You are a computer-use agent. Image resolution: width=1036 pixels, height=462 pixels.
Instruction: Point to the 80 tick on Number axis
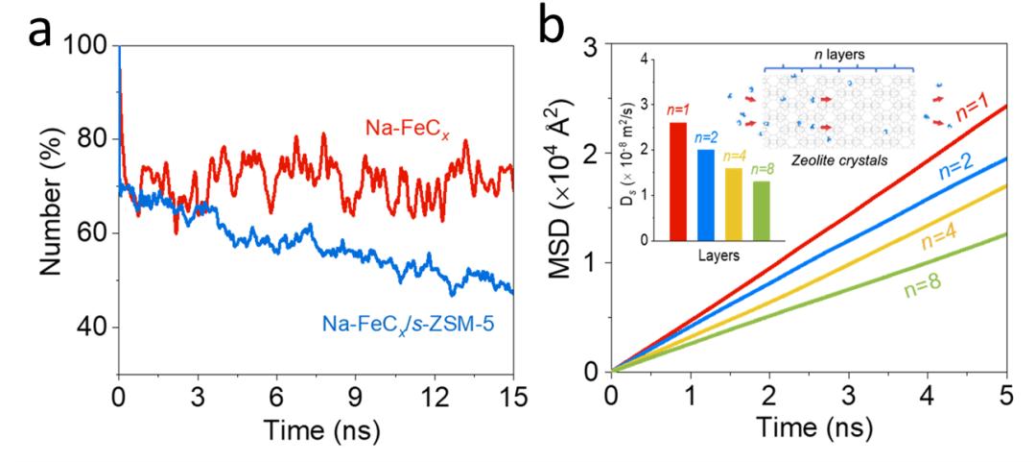click(89, 140)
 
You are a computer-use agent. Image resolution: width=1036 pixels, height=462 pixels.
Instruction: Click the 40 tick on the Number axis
click(89, 328)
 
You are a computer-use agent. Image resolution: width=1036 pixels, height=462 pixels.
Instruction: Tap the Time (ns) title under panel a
click(315, 432)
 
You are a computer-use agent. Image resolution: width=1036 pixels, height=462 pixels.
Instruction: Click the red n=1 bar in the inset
click(678, 181)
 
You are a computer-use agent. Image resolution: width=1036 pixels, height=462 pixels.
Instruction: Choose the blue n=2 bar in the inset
click(705, 194)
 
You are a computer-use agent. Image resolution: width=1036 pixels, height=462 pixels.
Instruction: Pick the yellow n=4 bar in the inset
click(733, 204)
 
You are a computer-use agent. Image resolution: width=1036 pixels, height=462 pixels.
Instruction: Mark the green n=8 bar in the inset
click(761, 210)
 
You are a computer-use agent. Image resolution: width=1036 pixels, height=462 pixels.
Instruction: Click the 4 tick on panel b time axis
click(927, 395)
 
